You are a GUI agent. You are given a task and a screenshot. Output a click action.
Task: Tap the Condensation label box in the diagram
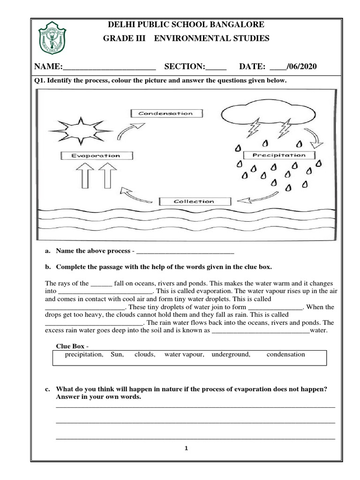click(x=165, y=113)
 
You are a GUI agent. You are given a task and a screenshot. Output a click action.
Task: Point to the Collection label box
click(x=194, y=202)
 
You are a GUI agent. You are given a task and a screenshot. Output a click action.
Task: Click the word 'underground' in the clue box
click(x=231, y=354)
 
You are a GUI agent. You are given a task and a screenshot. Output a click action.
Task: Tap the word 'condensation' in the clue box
click(x=285, y=354)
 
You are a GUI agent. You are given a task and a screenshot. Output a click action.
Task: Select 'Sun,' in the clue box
click(x=117, y=354)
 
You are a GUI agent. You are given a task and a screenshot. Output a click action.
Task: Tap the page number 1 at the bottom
click(x=186, y=449)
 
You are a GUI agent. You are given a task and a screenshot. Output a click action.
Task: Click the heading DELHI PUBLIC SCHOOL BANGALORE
click(x=186, y=24)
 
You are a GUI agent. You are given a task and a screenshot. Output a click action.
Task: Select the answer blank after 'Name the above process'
click(x=185, y=252)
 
